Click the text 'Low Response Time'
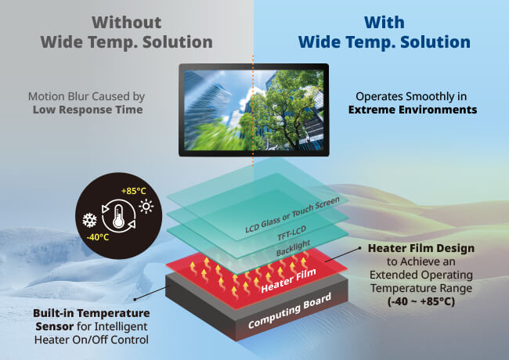87,110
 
